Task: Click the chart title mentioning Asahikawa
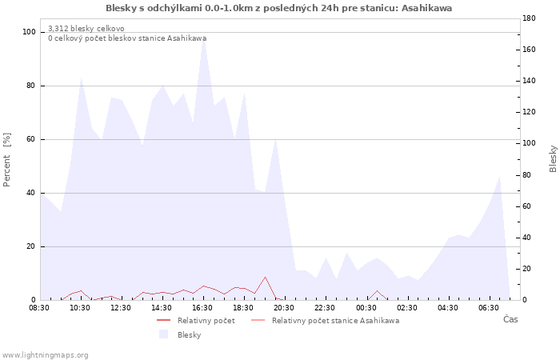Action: [278, 8]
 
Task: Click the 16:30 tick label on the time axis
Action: [202, 308]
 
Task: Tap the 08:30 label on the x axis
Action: [39, 308]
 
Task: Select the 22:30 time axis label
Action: [325, 308]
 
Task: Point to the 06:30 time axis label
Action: [489, 308]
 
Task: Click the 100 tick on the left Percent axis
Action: [29, 32]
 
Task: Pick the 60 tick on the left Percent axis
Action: [30, 139]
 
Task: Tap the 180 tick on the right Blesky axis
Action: [529, 18]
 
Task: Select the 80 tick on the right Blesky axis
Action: [526, 175]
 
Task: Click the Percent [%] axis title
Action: [6, 160]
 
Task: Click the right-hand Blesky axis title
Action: [553, 158]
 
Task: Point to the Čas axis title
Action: [510, 319]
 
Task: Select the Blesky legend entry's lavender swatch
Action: [163, 334]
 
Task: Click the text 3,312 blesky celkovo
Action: [86, 29]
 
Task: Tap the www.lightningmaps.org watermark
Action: [45, 355]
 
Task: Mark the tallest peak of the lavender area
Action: [203, 37]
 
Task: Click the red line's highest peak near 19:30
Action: [265, 277]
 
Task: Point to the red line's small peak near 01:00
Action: [377, 290]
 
